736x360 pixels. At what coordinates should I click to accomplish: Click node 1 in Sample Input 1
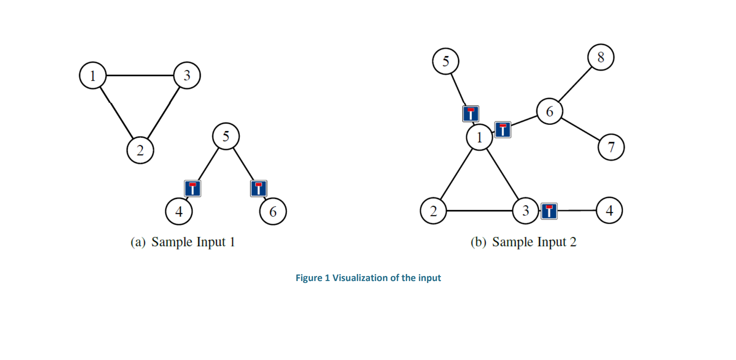(x=93, y=75)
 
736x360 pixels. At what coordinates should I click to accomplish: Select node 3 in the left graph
(x=187, y=75)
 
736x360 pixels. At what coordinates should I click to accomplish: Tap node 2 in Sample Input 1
(x=140, y=150)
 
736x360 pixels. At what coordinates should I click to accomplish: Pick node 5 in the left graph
(x=226, y=136)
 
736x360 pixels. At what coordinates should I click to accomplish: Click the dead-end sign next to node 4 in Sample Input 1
(x=193, y=188)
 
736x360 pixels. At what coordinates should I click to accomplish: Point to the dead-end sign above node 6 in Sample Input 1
(x=259, y=188)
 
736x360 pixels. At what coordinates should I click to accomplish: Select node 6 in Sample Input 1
(x=273, y=211)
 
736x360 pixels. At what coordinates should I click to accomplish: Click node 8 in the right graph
(x=600, y=57)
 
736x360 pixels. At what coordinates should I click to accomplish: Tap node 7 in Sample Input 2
(x=611, y=147)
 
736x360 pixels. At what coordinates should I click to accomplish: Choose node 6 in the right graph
(x=549, y=111)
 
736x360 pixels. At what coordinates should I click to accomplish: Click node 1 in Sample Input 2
(x=479, y=137)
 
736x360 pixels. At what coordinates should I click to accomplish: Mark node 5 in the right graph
(x=445, y=61)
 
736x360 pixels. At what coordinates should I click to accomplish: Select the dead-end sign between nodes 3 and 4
(x=549, y=211)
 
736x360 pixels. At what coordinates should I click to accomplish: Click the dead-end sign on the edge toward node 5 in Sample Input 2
(x=471, y=114)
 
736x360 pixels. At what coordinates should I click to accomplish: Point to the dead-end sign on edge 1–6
(x=503, y=129)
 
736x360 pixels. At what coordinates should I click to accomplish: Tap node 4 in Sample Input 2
(x=609, y=211)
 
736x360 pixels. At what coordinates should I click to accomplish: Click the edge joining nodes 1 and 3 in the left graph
(x=140, y=75)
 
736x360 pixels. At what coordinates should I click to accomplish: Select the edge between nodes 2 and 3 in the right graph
(x=479, y=211)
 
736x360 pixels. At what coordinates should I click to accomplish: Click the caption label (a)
(x=138, y=242)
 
